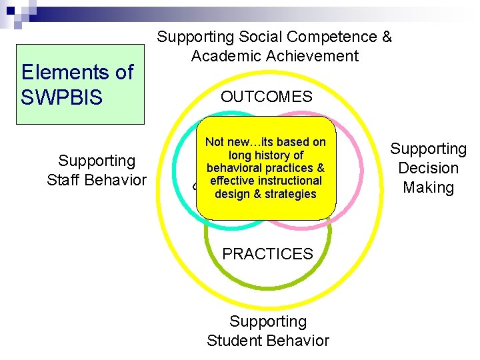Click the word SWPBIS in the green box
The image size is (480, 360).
click(62, 98)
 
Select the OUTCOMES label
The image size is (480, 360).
click(267, 97)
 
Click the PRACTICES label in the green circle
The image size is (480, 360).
click(267, 254)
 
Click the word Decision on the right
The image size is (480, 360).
click(429, 168)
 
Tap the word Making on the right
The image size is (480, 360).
click(429, 187)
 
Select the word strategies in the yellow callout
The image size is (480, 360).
click(289, 194)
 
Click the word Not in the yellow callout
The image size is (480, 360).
click(215, 142)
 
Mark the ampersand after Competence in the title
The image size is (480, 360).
click(386, 37)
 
